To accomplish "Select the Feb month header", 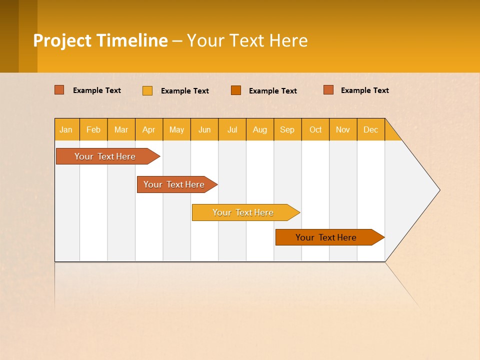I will [x=93, y=129].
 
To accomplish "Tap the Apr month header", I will [x=149, y=129].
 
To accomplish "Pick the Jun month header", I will [x=204, y=129].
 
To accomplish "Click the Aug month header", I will [x=260, y=129].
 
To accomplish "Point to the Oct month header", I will [x=315, y=129].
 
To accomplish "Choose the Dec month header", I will [x=371, y=129].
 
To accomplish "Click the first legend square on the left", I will [x=59, y=90].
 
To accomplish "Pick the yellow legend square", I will [x=147, y=90].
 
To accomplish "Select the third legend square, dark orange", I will [x=236, y=90].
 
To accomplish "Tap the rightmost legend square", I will [x=328, y=90].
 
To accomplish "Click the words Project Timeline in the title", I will [x=100, y=40].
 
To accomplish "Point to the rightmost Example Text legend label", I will [x=364, y=90].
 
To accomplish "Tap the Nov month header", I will [x=343, y=129].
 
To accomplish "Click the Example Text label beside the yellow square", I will [x=184, y=90].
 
